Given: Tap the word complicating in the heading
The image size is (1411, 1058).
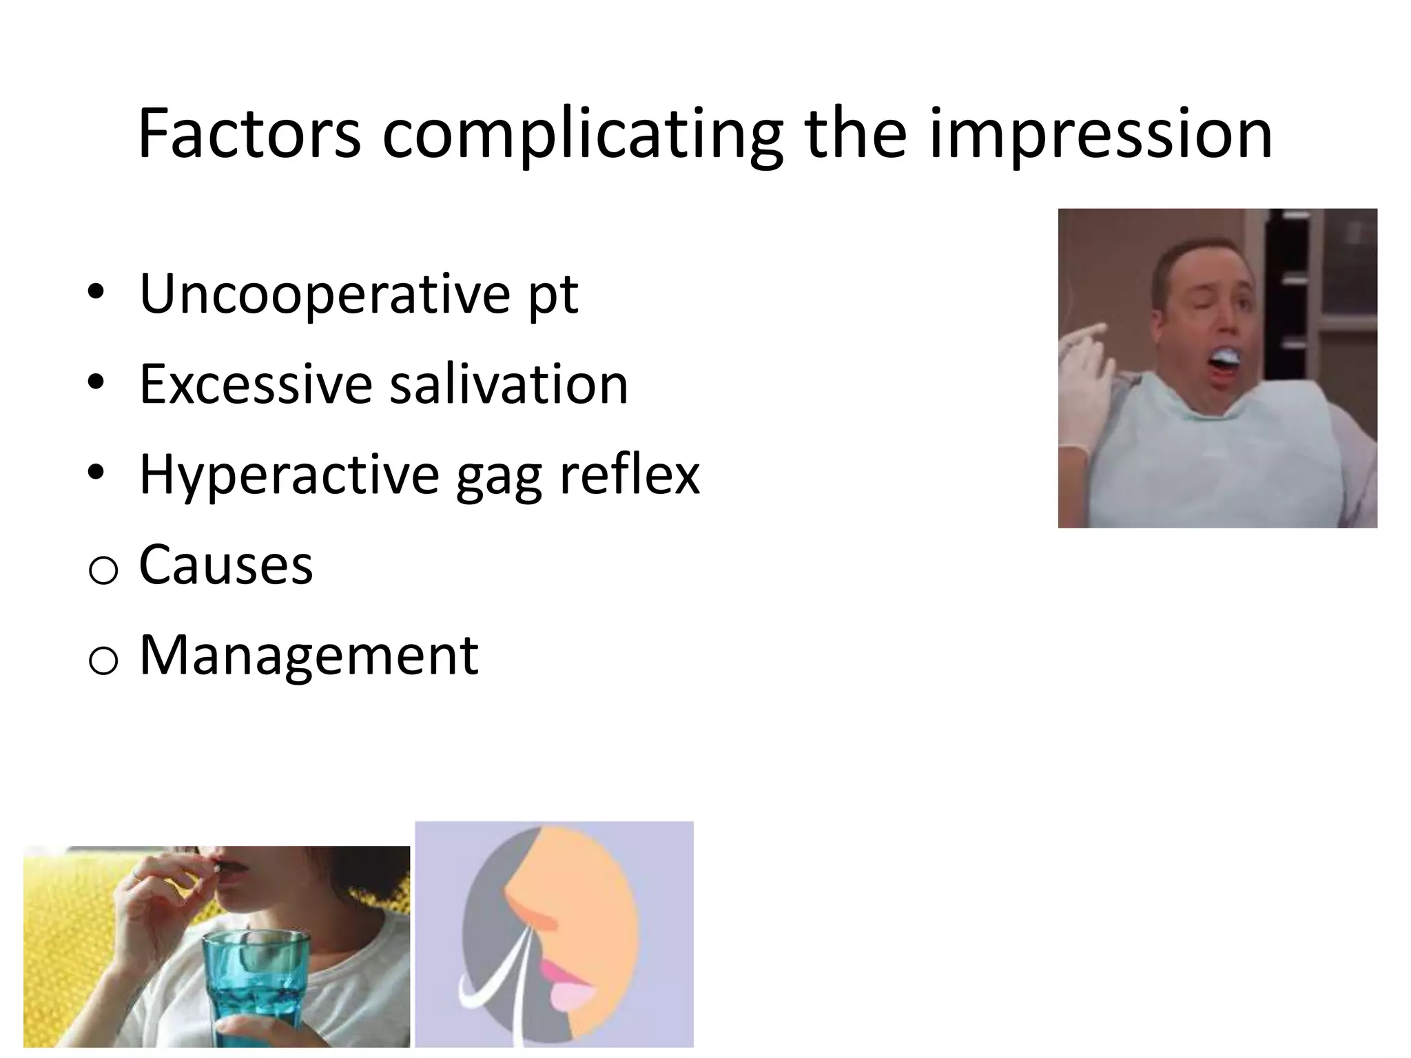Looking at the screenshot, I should [582, 136].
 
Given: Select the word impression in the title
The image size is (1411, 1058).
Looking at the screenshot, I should [1100, 136].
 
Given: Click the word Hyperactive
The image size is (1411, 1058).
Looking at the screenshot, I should [289, 476].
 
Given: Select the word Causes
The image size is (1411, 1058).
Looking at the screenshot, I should [226, 565].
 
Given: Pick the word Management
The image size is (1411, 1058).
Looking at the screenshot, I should [309, 655].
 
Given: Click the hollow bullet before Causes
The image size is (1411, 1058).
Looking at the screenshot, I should [103, 571].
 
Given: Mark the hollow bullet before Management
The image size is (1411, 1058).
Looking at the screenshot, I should [103, 661].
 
